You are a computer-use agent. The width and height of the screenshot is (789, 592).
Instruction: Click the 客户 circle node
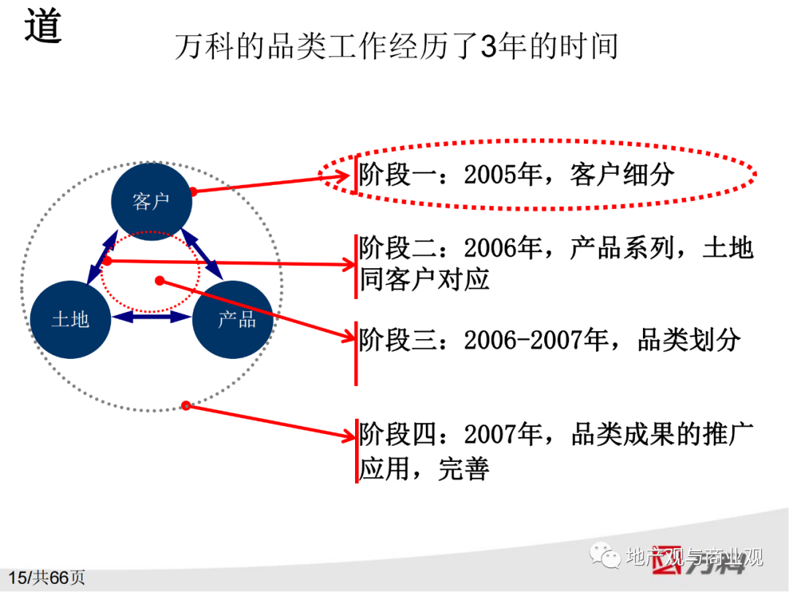(151, 202)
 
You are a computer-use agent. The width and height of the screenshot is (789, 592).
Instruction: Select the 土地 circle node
(70, 319)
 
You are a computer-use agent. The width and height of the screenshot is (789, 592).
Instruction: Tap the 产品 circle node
(233, 319)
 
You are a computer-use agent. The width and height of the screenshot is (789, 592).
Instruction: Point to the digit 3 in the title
(489, 46)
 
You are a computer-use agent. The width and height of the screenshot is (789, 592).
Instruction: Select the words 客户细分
(622, 175)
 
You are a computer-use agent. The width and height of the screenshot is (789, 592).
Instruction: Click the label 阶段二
(399, 248)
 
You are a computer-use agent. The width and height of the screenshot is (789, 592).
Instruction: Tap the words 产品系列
(622, 248)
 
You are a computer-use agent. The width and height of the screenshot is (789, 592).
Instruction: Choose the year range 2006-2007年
(535, 340)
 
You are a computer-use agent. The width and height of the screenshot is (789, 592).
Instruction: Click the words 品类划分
(689, 340)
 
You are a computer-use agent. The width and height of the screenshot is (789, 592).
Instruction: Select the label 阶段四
(399, 434)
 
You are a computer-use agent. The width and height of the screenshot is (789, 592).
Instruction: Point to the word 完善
(463, 468)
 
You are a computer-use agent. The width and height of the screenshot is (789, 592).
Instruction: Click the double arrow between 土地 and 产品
(151, 316)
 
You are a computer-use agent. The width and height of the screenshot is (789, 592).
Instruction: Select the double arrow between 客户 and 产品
(202, 254)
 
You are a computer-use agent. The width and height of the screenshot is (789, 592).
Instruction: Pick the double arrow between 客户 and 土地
(103, 258)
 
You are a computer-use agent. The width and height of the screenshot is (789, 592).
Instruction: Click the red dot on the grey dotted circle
(186, 405)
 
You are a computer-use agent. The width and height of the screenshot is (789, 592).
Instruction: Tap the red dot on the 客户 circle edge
(193, 191)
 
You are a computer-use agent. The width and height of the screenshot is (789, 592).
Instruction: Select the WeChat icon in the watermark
(606, 555)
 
